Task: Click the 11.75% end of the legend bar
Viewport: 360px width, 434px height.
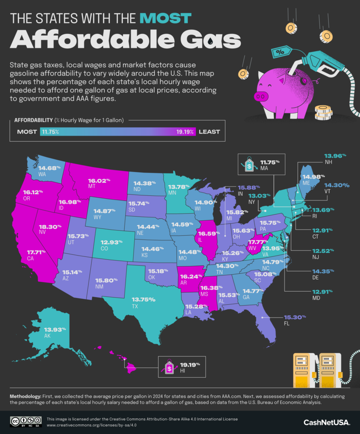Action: [50, 132]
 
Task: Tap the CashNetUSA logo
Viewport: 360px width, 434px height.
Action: [327, 422]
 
